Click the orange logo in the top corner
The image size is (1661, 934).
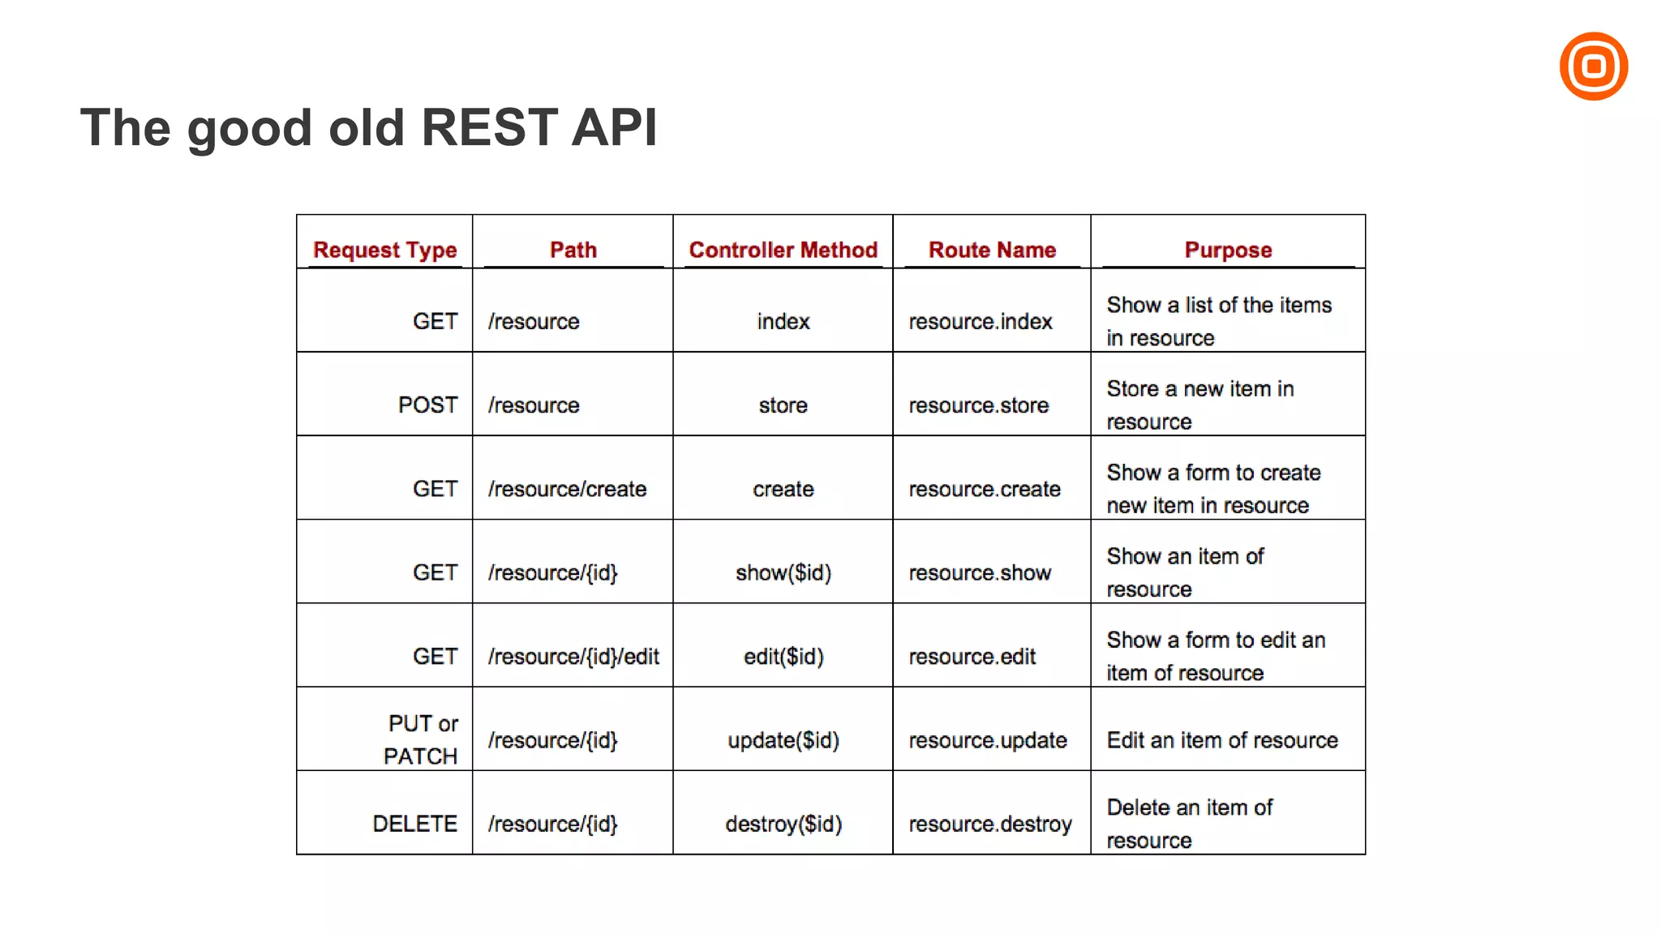pyautogui.click(x=1593, y=66)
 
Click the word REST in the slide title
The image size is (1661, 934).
pyautogui.click(x=489, y=128)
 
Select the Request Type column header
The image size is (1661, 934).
pyautogui.click(x=385, y=250)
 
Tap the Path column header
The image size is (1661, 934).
pyautogui.click(x=573, y=250)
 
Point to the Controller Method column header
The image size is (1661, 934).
pyautogui.click(x=783, y=250)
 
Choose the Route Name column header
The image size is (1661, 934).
pyautogui.click(x=992, y=250)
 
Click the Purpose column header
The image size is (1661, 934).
pyautogui.click(x=1228, y=250)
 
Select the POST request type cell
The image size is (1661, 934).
pyautogui.click(x=427, y=405)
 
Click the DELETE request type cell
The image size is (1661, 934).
pyautogui.click(x=414, y=824)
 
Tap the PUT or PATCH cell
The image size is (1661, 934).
pyautogui.click(x=422, y=739)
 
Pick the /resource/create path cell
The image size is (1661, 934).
pyautogui.click(x=567, y=489)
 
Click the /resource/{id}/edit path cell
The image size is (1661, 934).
pyautogui.click(x=573, y=657)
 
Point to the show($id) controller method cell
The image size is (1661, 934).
pyautogui.click(x=783, y=573)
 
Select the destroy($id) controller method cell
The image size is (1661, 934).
pyautogui.click(x=783, y=824)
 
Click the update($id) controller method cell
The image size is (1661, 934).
pyautogui.click(x=783, y=740)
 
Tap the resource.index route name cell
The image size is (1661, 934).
pyautogui.click(x=980, y=322)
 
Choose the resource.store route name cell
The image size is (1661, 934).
pyautogui.click(x=978, y=405)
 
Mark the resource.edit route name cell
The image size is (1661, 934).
pyautogui.click(x=972, y=657)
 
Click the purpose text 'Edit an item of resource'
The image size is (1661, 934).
pyautogui.click(x=1222, y=740)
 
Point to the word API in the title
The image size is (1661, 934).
pyautogui.click(x=614, y=128)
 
